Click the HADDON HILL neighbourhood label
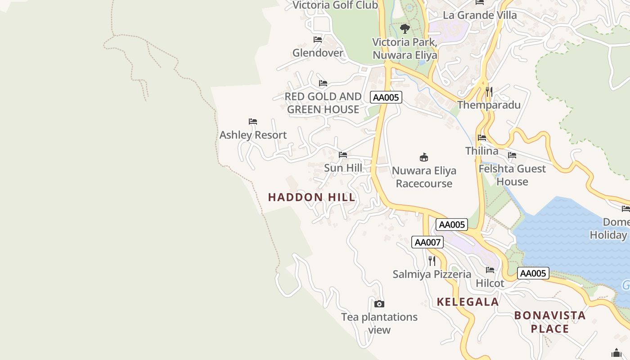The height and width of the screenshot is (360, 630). coord(311,197)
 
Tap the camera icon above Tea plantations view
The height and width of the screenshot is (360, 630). coord(379,304)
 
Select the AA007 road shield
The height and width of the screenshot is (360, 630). coord(427,242)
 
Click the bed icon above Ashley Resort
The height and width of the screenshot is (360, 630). coord(253,121)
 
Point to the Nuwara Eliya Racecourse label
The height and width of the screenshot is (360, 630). coord(423,177)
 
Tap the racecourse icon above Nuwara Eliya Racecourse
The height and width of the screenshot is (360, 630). coord(423,157)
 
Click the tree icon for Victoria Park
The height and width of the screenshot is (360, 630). coord(405,29)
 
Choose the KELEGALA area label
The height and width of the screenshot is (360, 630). coord(468,302)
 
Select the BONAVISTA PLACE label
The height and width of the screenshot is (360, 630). coord(549,322)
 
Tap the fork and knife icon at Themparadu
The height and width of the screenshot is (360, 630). coord(489,92)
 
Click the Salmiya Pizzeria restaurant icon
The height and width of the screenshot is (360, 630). coord(432,261)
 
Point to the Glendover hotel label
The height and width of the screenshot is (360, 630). coord(318,53)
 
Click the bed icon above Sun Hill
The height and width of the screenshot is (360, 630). coord(343,155)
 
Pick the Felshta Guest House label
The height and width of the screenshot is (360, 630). coord(512,175)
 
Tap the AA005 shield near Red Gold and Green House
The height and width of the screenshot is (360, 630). coord(386,97)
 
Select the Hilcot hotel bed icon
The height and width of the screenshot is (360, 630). coord(490,270)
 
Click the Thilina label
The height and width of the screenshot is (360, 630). coord(481,151)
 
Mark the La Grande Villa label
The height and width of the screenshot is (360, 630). coord(480,15)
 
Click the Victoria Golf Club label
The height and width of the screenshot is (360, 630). coord(335,5)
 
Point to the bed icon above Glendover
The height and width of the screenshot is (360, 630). coord(318,40)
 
